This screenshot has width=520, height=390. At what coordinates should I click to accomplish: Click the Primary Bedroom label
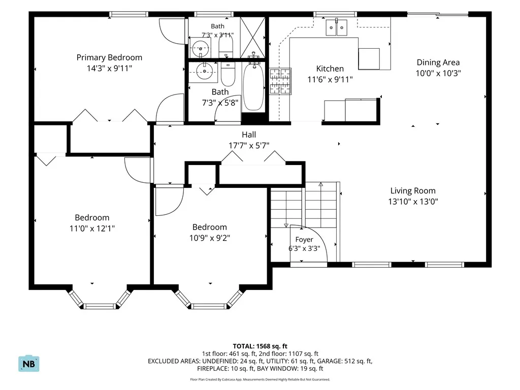click(x=109, y=57)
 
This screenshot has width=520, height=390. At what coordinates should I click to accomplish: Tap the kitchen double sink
click(x=336, y=27)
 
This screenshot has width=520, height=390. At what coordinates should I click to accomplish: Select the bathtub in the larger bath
click(x=254, y=87)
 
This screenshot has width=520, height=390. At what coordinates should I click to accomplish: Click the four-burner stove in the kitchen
click(x=280, y=81)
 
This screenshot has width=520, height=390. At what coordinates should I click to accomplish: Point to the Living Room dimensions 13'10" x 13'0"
click(x=413, y=201)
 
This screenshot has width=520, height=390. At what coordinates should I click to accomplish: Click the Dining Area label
click(x=438, y=62)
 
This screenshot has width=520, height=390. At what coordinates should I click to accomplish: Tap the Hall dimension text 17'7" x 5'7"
click(x=249, y=145)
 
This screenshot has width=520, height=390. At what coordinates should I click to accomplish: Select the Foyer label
click(x=304, y=240)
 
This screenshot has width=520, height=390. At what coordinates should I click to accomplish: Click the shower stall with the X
click(x=253, y=38)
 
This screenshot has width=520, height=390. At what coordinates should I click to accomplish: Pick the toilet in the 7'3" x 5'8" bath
click(x=228, y=73)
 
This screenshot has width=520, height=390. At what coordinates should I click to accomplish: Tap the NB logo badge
click(x=29, y=364)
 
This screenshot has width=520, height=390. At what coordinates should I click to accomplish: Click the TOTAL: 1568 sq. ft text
click(x=260, y=346)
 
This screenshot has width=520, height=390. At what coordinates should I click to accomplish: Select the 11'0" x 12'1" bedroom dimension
click(x=92, y=228)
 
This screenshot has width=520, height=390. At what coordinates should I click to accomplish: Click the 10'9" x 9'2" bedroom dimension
click(x=210, y=238)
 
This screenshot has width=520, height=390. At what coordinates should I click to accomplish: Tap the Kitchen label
click(x=330, y=69)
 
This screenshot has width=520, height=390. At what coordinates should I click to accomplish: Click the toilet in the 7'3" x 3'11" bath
click(x=226, y=46)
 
